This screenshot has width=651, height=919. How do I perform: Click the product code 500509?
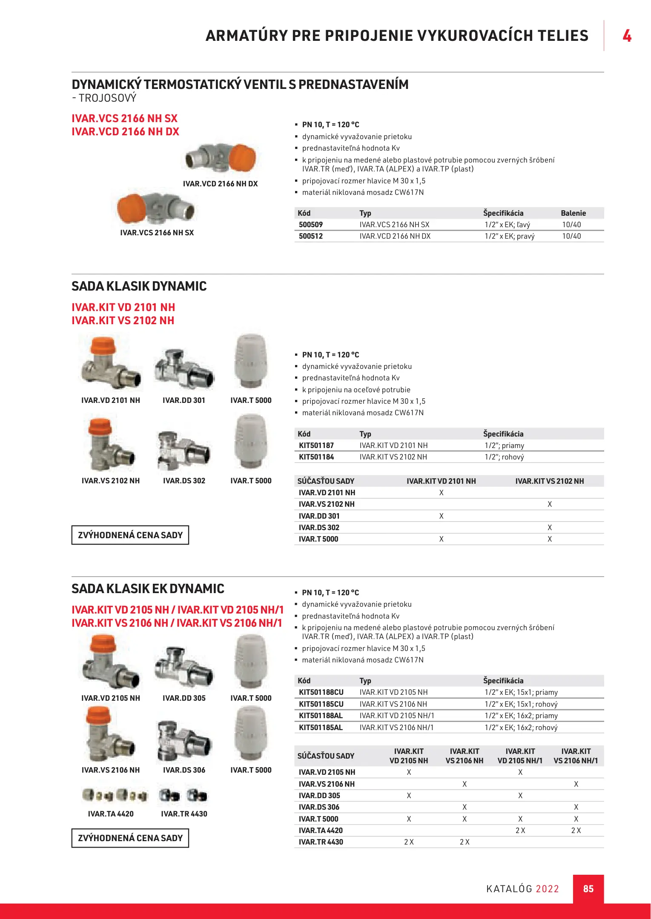pyautogui.click(x=311, y=225)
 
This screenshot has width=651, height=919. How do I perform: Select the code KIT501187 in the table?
pyautogui.click(x=316, y=445)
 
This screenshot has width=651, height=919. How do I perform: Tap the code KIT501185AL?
pyautogui.click(x=321, y=728)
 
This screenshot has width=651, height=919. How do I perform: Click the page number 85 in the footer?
pyautogui.click(x=588, y=889)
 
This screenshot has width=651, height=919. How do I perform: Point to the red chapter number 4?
pyautogui.click(x=627, y=36)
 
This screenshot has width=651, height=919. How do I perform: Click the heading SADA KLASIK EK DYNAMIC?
pyautogui.click(x=148, y=589)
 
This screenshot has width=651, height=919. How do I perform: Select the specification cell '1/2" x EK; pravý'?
pyautogui.click(x=509, y=236)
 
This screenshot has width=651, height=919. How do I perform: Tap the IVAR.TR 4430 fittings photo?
pyautogui.click(x=184, y=795)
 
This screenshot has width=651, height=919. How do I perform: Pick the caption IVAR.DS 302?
pyautogui.click(x=184, y=481)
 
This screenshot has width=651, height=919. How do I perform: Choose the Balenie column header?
pyautogui.click(x=573, y=213)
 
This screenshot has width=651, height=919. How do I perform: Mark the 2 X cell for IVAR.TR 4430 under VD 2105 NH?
pyautogui.click(x=409, y=842)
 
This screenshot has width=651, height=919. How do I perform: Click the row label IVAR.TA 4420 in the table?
pyautogui.click(x=321, y=831)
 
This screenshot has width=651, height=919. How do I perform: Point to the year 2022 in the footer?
pyautogui.click(x=547, y=889)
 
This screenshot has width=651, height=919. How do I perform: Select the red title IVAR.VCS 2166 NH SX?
pyautogui.click(x=124, y=118)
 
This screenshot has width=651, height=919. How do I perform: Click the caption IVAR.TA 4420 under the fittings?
pyautogui.click(x=111, y=814)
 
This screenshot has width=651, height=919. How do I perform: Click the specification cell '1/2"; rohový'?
pyautogui.click(x=504, y=457)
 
